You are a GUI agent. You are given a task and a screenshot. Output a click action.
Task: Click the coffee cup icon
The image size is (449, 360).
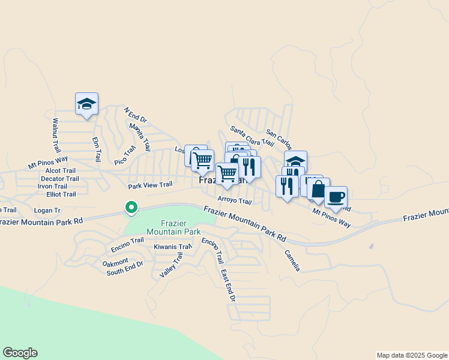click(336, 197)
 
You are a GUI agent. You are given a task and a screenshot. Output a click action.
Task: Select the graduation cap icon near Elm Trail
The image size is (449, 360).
click(86, 104)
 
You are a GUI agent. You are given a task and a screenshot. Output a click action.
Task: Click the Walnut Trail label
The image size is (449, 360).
click(56, 134)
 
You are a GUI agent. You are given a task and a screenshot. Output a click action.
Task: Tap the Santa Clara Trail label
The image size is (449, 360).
click(252, 137)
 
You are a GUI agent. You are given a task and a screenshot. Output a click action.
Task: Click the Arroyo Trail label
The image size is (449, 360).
click(234, 202)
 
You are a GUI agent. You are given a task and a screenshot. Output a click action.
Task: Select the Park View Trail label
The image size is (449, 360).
click(150, 185)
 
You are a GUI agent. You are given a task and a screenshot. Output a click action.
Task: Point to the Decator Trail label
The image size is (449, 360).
click(60, 178)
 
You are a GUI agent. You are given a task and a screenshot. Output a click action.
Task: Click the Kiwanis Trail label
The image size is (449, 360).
click(172, 247)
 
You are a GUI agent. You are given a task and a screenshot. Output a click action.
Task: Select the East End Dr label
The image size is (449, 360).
click(228, 285)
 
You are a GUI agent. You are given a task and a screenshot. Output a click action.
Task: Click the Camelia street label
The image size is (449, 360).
click(292, 260)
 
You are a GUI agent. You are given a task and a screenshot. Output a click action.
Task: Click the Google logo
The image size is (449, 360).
click(20, 353)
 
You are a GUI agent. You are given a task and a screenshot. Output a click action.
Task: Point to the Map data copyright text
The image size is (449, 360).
click(412, 355)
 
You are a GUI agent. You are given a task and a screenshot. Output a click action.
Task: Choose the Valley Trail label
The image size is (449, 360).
click(171, 265)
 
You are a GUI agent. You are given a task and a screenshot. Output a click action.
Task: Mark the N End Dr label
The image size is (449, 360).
click(135, 114)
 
